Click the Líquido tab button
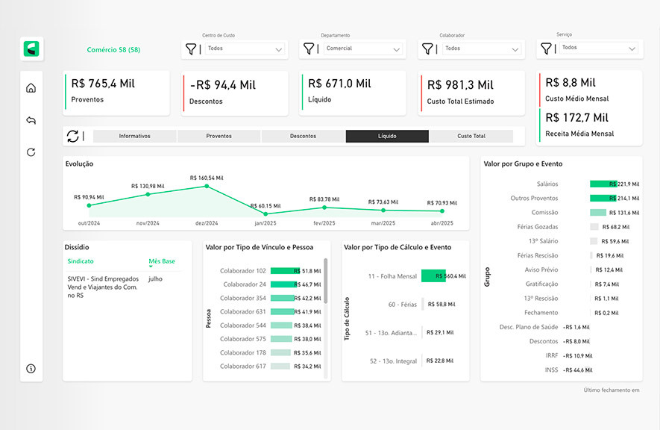click(387, 136)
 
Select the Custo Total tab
click(471, 136)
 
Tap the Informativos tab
click(135, 136)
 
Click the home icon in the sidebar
click(31, 88)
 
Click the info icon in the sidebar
click(31, 369)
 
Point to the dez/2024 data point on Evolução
click(207, 186)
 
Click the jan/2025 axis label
click(265, 223)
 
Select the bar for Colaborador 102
click(283, 271)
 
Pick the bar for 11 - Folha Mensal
click(433, 276)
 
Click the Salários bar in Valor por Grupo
click(603, 184)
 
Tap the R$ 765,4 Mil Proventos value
click(103, 84)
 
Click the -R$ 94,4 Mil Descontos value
click(223, 85)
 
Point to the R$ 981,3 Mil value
click(460, 85)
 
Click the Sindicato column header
click(81, 261)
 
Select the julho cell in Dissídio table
click(155, 278)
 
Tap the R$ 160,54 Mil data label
click(207, 178)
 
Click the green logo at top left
click(31, 49)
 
